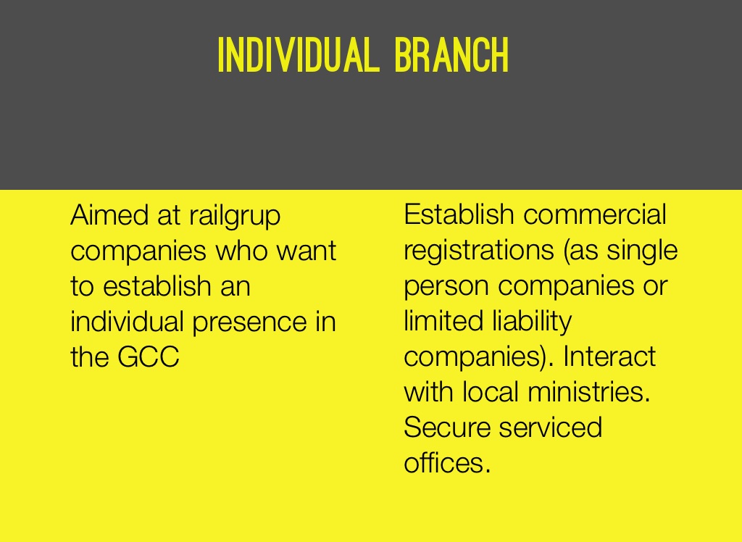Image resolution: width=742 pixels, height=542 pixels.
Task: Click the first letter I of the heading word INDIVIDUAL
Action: pos(220,55)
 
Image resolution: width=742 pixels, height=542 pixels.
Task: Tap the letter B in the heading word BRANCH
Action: pos(403,55)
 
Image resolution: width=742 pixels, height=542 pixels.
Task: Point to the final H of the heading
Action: pos(500,55)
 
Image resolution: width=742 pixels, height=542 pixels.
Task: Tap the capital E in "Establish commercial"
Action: pos(412,214)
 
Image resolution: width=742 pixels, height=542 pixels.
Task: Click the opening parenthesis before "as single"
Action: pos(566,251)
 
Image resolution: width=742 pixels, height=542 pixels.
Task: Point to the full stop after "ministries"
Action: pos(647,401)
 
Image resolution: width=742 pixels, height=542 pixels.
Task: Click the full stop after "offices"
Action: pos(488,471)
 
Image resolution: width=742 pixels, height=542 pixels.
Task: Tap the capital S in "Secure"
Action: pos(412,427)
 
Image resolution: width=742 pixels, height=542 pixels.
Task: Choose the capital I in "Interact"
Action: pos(567,356)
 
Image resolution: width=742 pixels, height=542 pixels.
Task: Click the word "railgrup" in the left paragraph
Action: pos(235,217)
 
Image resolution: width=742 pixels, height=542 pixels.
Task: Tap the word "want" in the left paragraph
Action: pos(307,251)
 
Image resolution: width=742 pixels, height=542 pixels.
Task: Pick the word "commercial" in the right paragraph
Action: pos(595,214)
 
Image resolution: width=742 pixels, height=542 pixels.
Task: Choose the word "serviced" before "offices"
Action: pos(551,427)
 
